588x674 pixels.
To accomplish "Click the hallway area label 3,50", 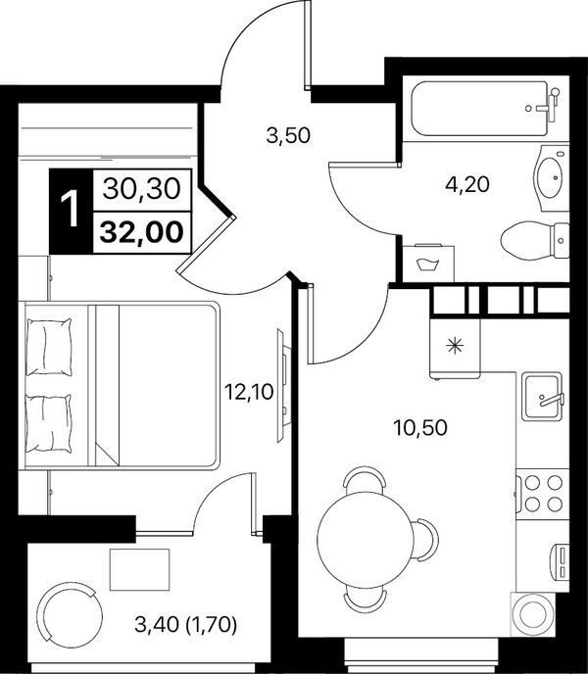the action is [x=288, y=136].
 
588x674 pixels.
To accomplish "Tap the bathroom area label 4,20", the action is [x=467, y=185].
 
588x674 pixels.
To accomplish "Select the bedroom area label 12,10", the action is [x=250, y=392].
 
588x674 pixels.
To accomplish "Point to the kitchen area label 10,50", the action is [x=420, y=428].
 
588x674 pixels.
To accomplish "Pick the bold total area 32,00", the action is [x=141, y=232].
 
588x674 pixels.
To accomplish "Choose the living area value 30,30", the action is [x=141, y=189].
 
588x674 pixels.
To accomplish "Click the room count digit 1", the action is [x=71, y=210].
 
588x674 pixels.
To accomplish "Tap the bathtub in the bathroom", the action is [x=485, y=109].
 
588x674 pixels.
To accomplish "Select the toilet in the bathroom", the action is [x=535, y=240].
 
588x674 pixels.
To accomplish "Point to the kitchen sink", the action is [x=542, y=397].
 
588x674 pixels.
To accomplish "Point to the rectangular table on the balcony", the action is [x=140, y=569].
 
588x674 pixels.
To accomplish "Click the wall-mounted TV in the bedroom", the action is [x=281, y=386].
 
